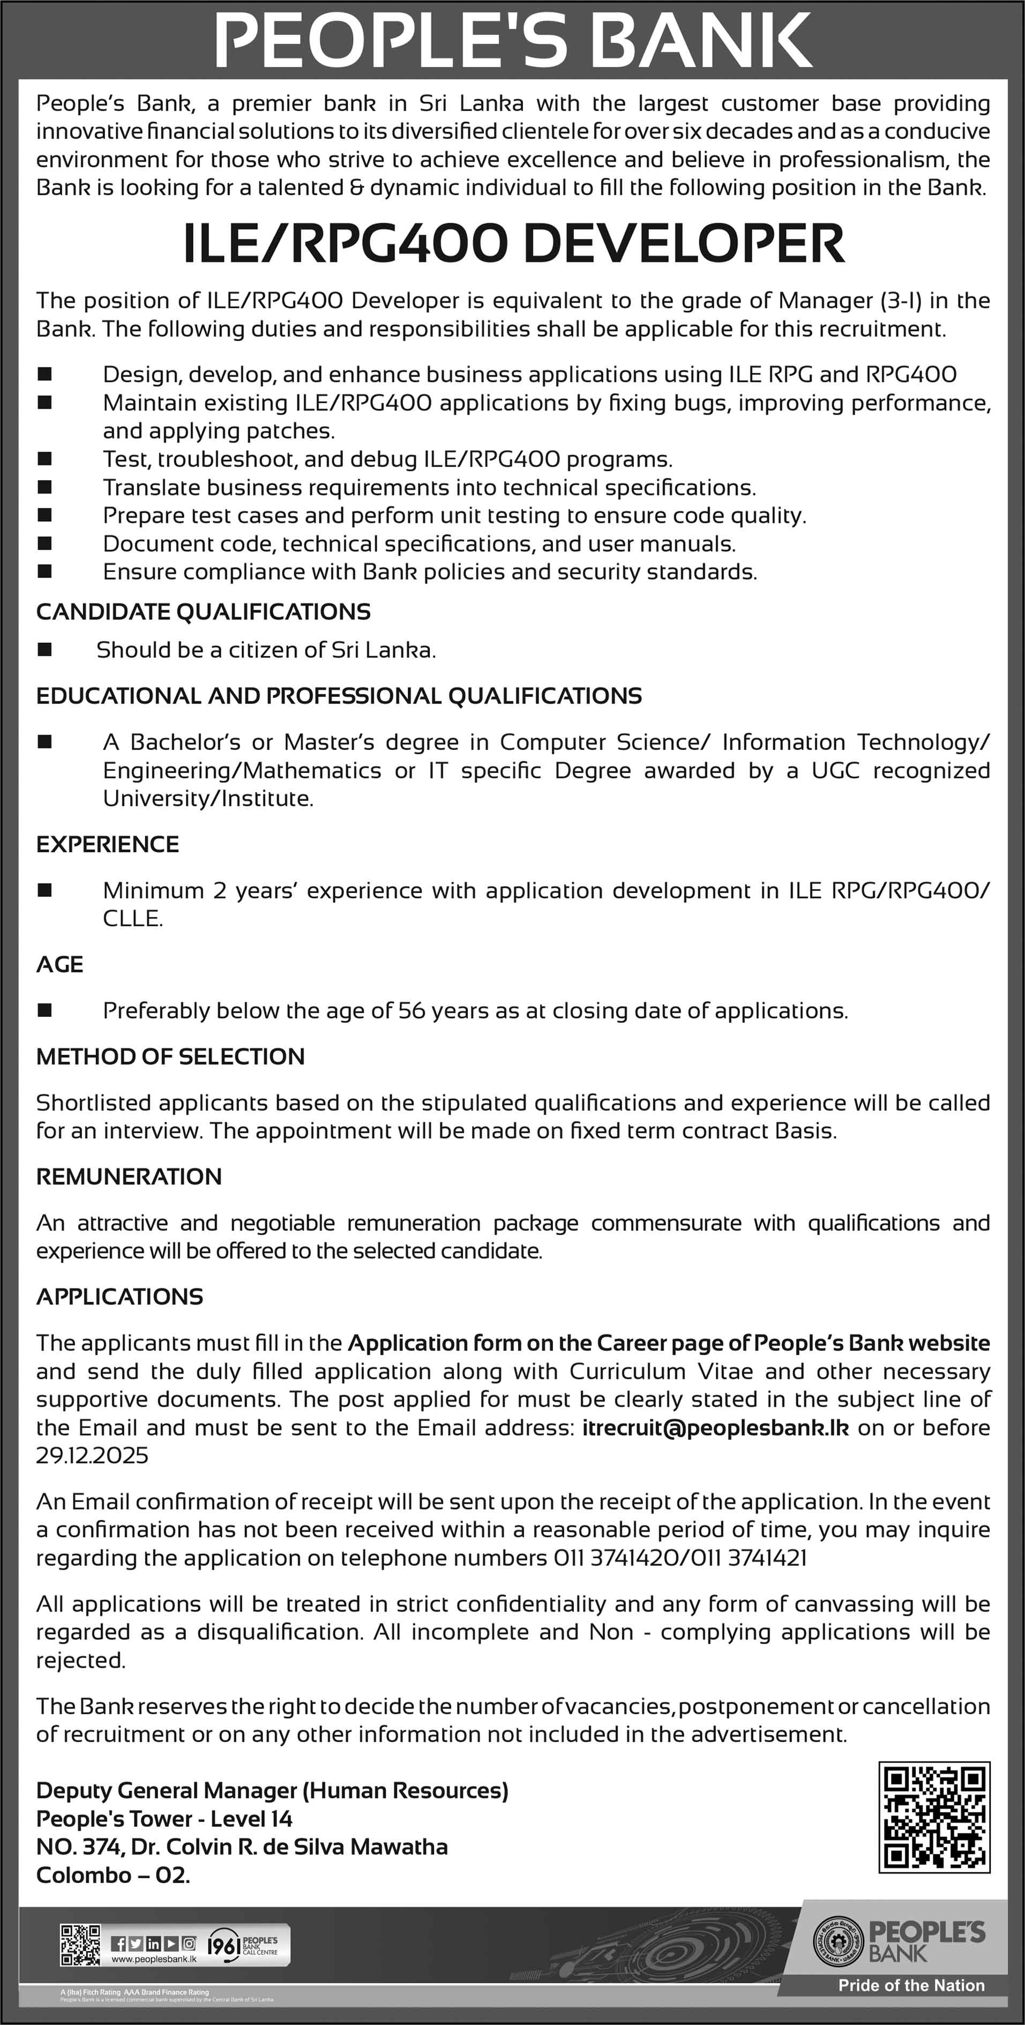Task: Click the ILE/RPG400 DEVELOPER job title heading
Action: coord(512,244)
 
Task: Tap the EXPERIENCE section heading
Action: coord(108,844)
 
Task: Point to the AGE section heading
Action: coord(59,964)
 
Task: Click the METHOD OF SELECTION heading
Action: coord(170,1056)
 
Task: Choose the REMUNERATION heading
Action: coord(129,1177)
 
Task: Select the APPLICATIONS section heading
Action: coord(119,1297)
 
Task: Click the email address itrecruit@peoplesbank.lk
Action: coord(715,1428)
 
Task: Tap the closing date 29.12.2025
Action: coord(92,1456)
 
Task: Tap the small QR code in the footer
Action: coord(80,1944)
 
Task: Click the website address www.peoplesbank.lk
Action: coord(154,1959)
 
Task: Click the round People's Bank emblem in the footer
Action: coord(838,1941)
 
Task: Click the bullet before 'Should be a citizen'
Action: coord(45,649)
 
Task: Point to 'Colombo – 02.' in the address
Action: coord(113,1876)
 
